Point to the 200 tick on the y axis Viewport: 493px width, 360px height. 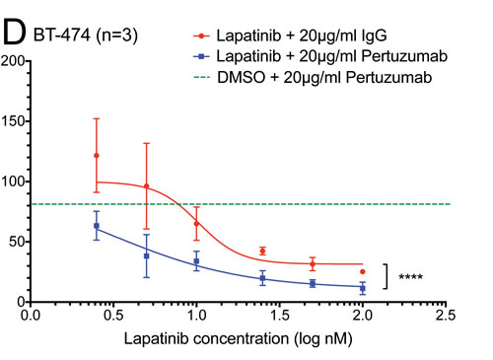(x=13, y=61)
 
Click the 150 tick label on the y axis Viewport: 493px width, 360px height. (x=13, y=121)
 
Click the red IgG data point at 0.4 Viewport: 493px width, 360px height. (x=97, y=155)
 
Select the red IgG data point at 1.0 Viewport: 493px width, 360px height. (x=196, y=224)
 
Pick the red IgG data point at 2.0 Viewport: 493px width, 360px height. (x=363, y=271)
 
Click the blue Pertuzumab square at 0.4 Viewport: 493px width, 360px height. (x=97, y=226)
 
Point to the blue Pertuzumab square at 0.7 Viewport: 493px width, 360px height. (x=146, y=255)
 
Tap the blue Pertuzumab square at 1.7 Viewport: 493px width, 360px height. (x=313, y=283)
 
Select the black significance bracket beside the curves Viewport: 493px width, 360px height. (x=387, y=277)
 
